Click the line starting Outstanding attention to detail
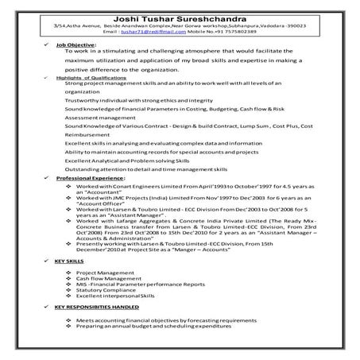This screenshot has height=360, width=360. tap(142, 169)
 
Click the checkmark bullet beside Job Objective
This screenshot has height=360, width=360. tap(49, 45)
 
